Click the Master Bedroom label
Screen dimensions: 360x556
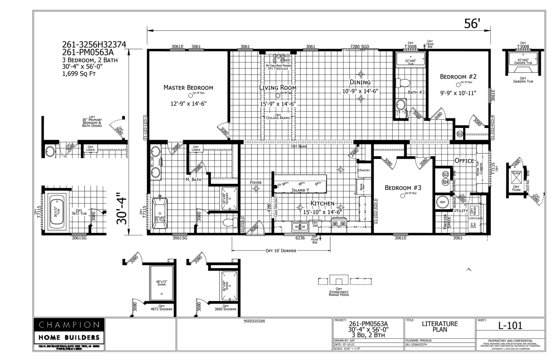[188, 88]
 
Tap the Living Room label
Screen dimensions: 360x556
[278, 88]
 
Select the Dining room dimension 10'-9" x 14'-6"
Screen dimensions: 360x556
[360, 91]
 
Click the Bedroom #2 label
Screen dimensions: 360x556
[458, 77]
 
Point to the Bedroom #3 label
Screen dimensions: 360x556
[403, 188]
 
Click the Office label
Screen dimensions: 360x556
[464, 161]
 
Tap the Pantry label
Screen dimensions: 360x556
[364, 171]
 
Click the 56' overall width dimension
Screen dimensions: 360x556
[472, 24]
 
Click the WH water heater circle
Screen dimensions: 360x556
[442, 202]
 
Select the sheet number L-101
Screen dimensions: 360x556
[510, 326]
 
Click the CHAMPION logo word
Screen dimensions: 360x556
[69, 325]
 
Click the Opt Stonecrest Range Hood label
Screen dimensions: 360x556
[339, 293]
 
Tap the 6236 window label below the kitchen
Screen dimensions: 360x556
[300, 238]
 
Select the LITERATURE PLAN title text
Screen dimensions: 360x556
[439, 326]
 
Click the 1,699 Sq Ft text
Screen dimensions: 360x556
[79, 74]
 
